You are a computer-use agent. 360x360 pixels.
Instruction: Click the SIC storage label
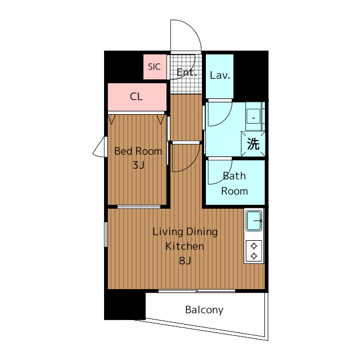(154, 67)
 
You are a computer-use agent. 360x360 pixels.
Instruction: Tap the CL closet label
(136, 97)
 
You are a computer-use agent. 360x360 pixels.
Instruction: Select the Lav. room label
(220, 75)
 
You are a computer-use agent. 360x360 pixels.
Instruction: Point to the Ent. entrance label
(187, 73)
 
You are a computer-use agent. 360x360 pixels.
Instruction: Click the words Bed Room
(138, 151)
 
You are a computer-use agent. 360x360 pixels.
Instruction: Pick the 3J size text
(138, 165)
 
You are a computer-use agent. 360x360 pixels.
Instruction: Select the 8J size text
(185, 260)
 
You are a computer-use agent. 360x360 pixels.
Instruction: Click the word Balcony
(204, 310)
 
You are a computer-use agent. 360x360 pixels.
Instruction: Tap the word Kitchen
(185, 246)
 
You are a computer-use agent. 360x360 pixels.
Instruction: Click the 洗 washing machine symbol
(253, 144)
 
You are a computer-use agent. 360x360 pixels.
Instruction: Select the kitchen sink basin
(254, 221)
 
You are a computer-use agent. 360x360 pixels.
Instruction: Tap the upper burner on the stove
(254, 246)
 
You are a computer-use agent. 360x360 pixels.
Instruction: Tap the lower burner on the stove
(254, 256)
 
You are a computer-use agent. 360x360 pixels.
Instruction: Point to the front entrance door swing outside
(195, 30)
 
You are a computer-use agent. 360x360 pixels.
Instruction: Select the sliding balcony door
(197, 291)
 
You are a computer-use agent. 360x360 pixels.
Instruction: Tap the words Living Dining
(185, 232)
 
